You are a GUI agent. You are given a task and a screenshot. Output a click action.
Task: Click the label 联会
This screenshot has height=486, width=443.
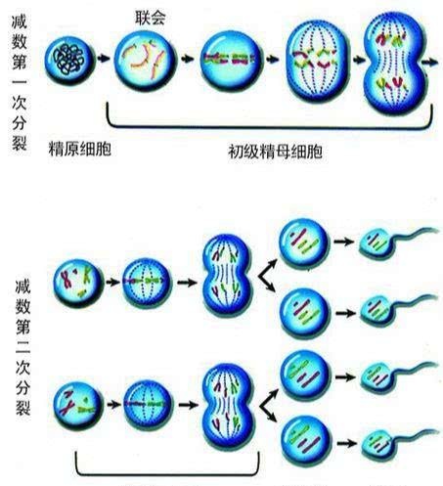pyautogui.click(x=151, y=18)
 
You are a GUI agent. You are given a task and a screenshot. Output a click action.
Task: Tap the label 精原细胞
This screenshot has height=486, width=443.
pyautogui.click(x=80, y=149)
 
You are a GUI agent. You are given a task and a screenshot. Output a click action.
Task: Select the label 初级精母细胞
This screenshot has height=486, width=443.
pyautogui.click(x=276, y=152)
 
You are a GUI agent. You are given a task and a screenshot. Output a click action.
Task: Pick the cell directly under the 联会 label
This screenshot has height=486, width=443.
pyautogui.click(x=145, y=61)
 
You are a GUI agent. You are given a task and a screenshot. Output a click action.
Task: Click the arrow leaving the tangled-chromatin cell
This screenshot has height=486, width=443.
pyautogui.click(x=104, y=59)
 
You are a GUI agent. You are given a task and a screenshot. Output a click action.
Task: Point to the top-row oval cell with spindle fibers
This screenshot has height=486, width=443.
pyautogui.click(x=317, y=61)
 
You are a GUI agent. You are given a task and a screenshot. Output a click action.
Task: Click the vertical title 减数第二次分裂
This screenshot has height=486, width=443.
pyautogui.click(x=22, y=347)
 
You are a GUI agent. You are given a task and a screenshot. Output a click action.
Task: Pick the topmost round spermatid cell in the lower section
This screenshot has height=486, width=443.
pyautogui.click(x=304, y=243)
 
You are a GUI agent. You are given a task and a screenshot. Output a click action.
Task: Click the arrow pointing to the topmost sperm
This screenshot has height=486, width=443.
pyautogui.click(x=343, y=242)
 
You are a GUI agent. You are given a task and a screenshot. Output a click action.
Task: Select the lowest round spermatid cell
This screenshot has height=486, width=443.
pyautogui.click(x=306, y=441)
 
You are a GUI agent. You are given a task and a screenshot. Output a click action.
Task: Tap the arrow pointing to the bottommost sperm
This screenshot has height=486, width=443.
pyautogui.click(x=346, y=443)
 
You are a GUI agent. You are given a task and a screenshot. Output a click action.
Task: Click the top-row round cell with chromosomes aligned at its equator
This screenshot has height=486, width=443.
pyautogui.click(x=231, y=61)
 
